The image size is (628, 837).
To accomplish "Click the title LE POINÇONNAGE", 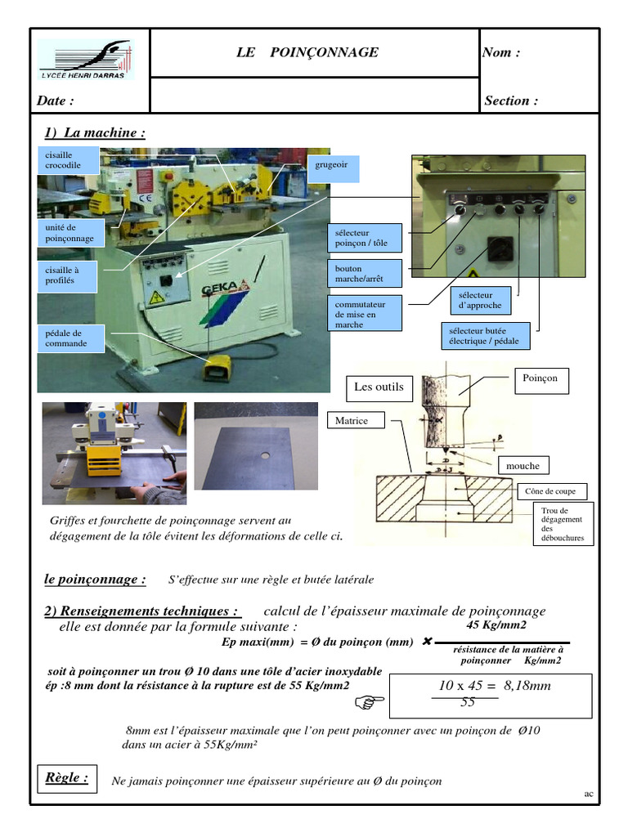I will (x=307, y=53).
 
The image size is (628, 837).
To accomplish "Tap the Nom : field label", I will (x=501, y=53).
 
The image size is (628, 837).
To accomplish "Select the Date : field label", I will (x=55, y=101).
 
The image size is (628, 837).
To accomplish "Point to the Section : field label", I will (x=511, y=101).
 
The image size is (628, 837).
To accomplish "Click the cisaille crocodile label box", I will (x=69, y=160).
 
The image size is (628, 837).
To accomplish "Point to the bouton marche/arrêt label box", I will (x=365, y=274).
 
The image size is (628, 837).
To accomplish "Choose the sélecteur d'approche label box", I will (x=481, y=300).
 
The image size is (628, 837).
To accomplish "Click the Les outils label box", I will (x=379, y=387).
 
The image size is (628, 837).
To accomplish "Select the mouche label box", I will (x=523, y=466).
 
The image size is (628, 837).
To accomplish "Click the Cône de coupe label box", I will (x=551, y=491).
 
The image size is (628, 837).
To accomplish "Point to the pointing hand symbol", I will (x=369, y=701).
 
